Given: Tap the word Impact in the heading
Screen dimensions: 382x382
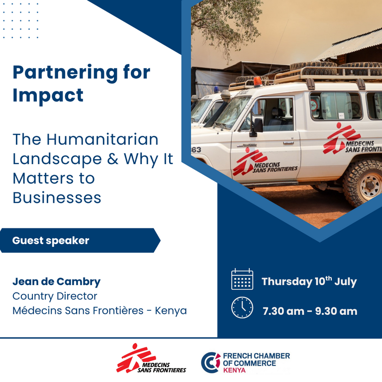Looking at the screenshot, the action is pos(48,95).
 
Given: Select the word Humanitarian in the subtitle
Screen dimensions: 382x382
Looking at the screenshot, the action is pos(102,139).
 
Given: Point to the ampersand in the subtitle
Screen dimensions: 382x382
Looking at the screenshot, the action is pos(112,159).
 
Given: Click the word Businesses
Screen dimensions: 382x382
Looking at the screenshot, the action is pos(57,197).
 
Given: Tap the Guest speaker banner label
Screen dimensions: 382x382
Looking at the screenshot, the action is pos(51,240).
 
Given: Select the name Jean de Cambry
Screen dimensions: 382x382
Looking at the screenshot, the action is pos(57,282).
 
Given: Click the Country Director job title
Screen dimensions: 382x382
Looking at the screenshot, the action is pos(55,296).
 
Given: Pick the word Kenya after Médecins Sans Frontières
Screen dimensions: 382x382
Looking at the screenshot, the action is pos(171,310).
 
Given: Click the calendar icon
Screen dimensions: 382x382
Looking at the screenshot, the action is pos(242,279).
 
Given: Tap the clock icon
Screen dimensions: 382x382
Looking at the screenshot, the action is pos(242,307).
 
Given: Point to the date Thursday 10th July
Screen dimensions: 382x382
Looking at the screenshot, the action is pos(309,282).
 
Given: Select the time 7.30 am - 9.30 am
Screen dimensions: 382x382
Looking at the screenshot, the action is pos(310,311).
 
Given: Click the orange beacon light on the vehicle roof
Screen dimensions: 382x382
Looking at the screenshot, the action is pos(258,82).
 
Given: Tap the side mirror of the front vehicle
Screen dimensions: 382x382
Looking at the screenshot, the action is pos(257,127).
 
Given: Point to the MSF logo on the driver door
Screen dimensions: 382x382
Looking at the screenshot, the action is pos(265,162).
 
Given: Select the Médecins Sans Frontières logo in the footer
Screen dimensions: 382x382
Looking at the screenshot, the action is pos(151,358).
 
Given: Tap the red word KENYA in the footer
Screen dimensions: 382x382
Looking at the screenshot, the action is pos(234,370).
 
